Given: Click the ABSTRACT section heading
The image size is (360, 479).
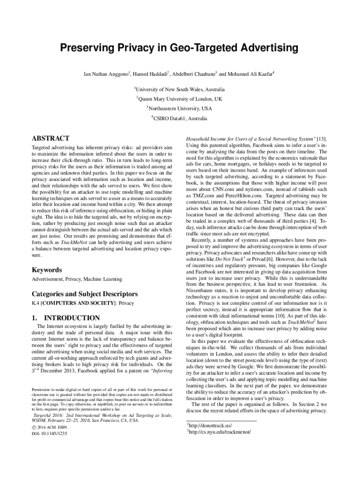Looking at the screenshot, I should [x=50, y=138].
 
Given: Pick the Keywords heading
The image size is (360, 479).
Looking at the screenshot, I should [x=46, y=270].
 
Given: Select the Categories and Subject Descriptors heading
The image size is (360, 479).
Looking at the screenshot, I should [x=84, y=294].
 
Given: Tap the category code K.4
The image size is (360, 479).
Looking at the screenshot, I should [x=35, y=304].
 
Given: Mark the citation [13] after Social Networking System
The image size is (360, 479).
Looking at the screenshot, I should [x=322, y=139].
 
